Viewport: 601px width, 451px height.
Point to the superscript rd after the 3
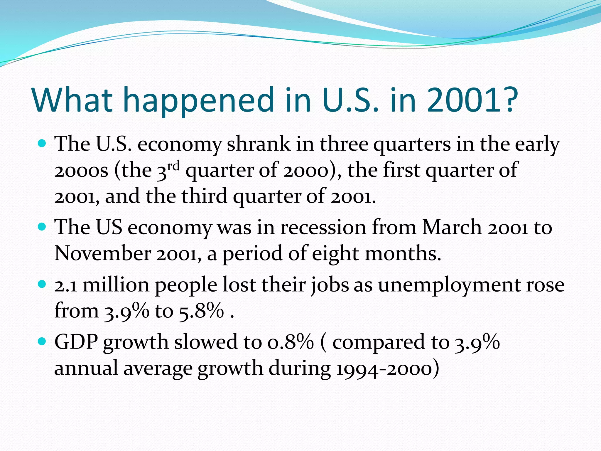pos(173,166)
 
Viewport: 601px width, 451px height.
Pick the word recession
pos(323,228)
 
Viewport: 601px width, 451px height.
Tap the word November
pos(103,253)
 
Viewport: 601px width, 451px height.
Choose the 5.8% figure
pos(201,311)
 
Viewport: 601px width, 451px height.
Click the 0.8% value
pos(291,342)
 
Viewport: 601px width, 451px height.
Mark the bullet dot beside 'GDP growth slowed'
pos(43,341)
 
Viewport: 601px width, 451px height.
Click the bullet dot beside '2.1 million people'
pos(43,284)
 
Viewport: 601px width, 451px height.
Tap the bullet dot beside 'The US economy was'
pos(43,227)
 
